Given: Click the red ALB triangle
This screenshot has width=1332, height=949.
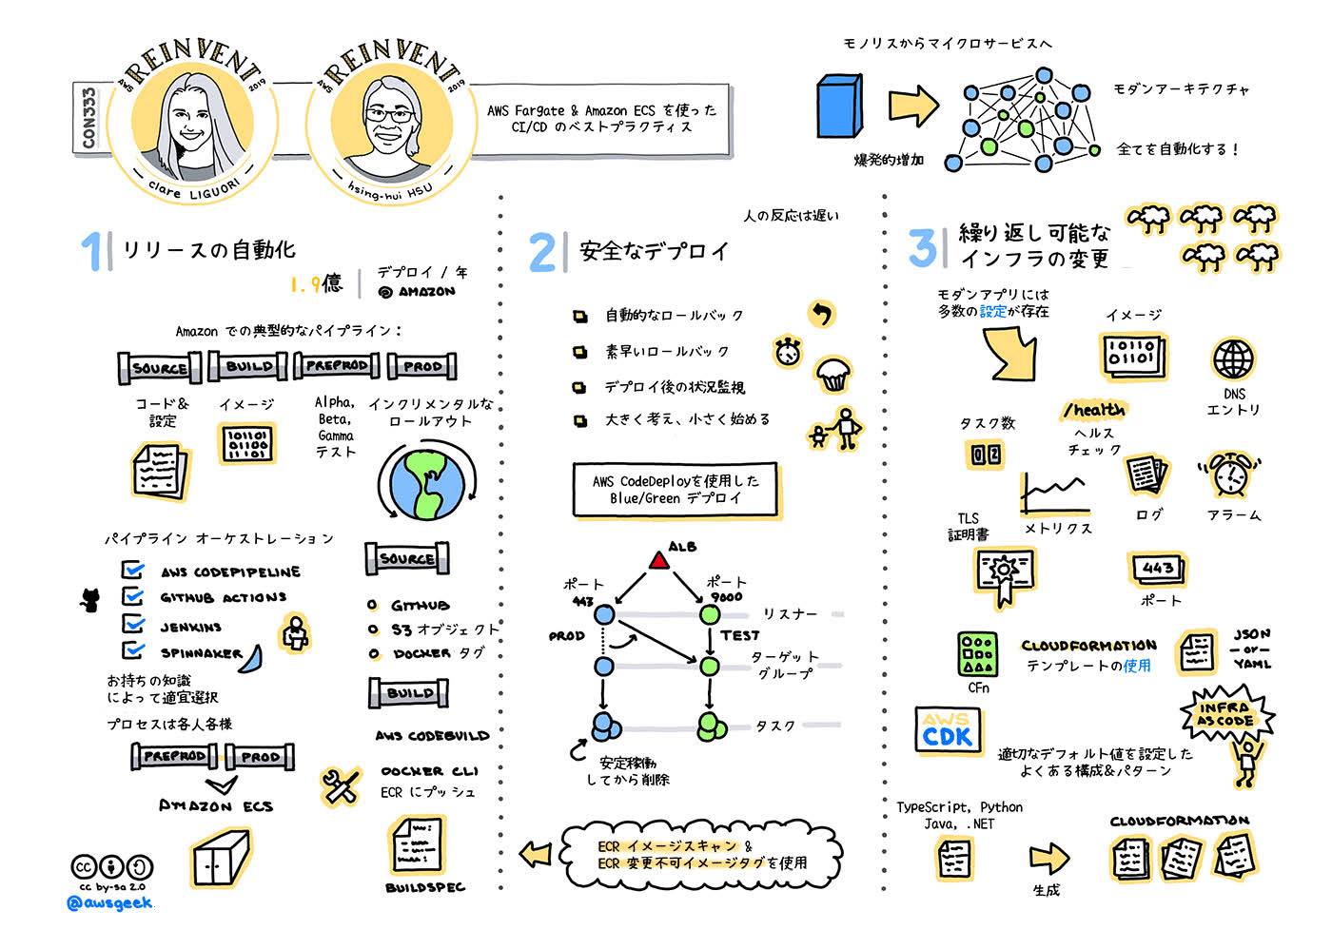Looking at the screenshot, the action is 658,560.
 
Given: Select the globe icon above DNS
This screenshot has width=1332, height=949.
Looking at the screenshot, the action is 1233,358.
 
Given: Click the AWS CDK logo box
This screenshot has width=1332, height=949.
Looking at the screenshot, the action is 948,729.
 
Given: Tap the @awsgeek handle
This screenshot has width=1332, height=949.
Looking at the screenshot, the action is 109,903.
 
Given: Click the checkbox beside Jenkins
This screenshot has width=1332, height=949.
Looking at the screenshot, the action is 132,624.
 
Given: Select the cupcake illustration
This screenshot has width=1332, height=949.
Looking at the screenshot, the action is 833,375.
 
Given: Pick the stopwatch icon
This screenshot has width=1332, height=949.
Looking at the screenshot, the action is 788,352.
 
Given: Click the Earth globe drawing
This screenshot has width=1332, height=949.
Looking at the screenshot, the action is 427,483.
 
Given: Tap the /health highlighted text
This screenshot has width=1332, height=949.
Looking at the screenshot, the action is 1093,410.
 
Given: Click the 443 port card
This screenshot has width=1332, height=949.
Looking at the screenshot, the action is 1157,569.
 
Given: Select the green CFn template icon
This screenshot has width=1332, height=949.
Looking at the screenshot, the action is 978,654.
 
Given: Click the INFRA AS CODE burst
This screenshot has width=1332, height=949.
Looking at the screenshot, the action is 1226,715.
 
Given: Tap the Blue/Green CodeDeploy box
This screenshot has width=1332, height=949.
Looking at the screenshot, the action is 676,490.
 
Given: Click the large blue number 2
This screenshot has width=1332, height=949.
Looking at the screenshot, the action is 541,253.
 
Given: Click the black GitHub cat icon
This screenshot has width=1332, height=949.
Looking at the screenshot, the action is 89,600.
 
